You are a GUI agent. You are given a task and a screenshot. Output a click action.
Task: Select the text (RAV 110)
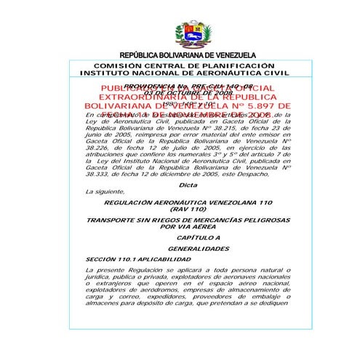188,208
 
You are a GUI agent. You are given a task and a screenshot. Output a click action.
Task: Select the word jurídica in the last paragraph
102,277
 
